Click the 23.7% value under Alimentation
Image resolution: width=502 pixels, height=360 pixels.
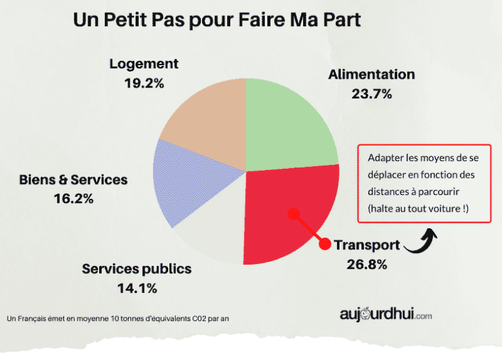[372, 93]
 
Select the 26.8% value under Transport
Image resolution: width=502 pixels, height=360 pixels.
[366, 263]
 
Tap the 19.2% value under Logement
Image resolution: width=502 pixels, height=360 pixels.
[144, 82]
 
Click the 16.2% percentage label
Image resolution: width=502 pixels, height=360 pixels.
[74, 199]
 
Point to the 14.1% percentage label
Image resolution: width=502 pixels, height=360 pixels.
[137, 288]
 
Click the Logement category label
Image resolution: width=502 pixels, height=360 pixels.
[144, 64]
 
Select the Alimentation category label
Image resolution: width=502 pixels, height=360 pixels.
[372, 74]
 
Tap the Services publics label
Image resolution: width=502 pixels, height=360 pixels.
[137, 269]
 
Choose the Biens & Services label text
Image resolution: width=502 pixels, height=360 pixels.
[74, 180]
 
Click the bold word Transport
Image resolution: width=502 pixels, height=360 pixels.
[367, 245]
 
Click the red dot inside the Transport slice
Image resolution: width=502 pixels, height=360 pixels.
[293, 214]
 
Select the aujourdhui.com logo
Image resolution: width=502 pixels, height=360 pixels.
[386, 315]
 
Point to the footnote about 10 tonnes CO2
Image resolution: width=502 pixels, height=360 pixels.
[117, 318]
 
